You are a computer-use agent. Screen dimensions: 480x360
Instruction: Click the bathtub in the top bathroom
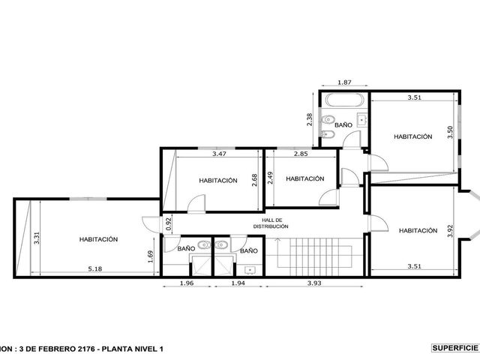click(x=345, y=100)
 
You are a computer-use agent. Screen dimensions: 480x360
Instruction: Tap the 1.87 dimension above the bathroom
click(x=344, y=82)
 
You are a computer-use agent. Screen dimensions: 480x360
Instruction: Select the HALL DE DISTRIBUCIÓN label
click(x=271, y=223)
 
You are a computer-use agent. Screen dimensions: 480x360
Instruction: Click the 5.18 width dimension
click(x=95, y=269)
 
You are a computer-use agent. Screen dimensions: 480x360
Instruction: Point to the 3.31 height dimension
click(x=37, y=238)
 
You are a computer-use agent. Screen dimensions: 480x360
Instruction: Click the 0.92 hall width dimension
click(x=169, y=223)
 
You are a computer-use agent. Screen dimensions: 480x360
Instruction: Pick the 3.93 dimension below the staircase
click(x=314, y=283)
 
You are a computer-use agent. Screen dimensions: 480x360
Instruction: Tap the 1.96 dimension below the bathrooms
click(x=187, y=283)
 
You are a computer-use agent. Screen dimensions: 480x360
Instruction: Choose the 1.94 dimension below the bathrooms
click(x=238, y=283)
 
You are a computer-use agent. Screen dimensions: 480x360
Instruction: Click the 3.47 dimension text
click(x=219, y=154)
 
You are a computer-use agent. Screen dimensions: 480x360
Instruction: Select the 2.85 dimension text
click(x=301, y=154)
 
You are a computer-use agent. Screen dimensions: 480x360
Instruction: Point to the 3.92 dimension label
click(x=450, y=231)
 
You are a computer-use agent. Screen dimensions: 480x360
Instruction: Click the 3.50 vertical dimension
click(x=450, y=132)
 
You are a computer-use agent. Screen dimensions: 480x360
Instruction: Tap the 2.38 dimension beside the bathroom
click(x=310, y=120)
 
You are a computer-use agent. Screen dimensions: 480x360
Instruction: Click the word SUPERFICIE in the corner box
click(x=455, y=348)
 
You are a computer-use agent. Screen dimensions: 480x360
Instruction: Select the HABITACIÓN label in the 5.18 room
click(x=98, y=239)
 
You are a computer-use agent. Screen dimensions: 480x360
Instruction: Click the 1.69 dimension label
click(x=150, y=256)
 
